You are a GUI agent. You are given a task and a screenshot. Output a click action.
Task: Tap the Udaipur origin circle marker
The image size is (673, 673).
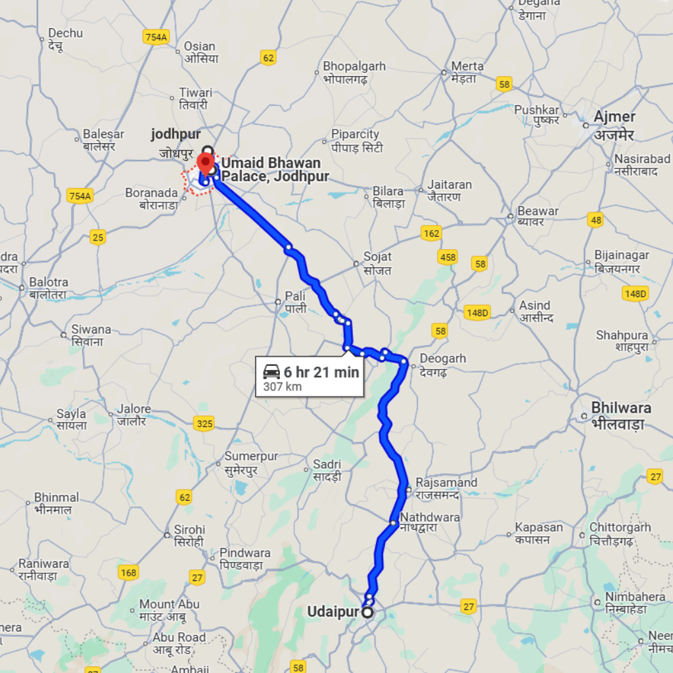(x=367, y=613)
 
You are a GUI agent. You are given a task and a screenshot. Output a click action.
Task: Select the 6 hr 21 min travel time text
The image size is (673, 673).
(x=321, y=373)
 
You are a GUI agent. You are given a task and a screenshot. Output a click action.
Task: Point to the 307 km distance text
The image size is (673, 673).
(x=283, y=386)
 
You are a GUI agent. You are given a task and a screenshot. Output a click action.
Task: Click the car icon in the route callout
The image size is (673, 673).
(x=271, y=372)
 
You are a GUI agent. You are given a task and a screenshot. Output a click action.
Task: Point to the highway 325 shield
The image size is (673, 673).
(x=204, y=424)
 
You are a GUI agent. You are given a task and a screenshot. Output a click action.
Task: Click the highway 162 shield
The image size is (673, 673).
(x=431, y=233)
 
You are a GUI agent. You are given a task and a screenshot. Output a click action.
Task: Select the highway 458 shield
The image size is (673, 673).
(x=448, y=257)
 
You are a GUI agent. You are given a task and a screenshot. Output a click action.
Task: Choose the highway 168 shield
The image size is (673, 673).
(x=129, y=572)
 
